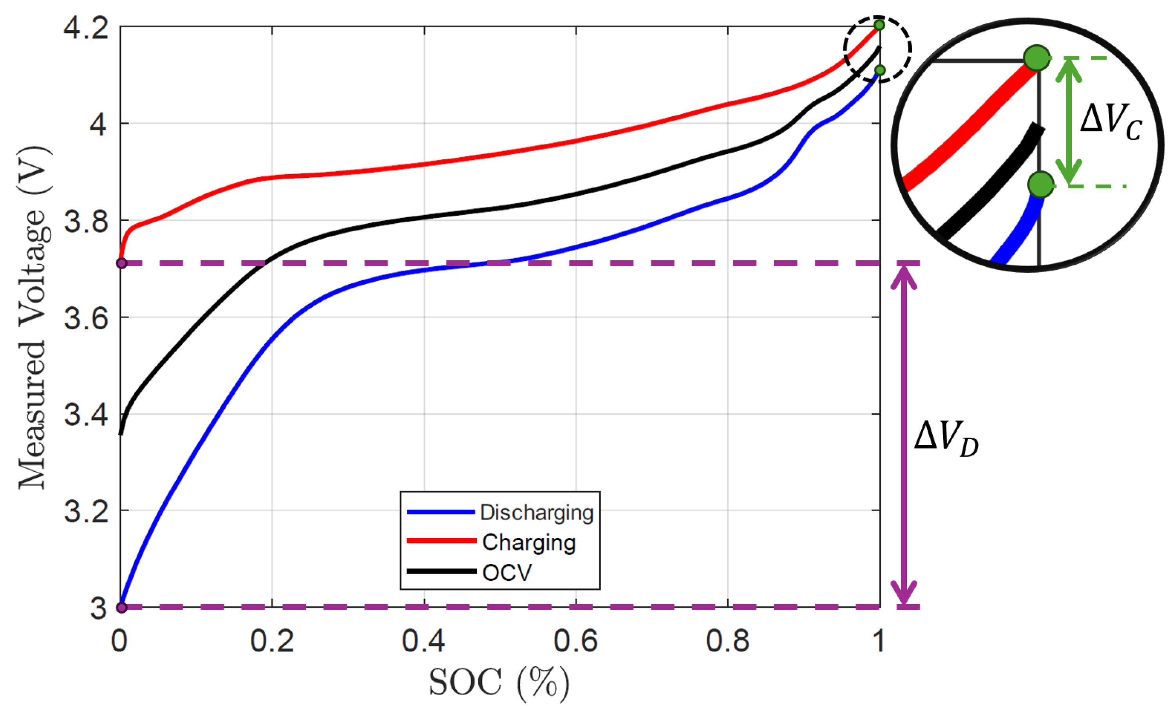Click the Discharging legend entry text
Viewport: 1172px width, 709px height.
pyautogui.click(x=537, y=512)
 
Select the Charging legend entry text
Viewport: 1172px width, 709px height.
pyautogui.click(x=528, y=542)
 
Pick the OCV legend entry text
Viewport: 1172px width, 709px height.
pyautogui.click(x=506, y=572)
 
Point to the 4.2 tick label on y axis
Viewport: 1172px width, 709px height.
pyautogui.click(x=86, y=27)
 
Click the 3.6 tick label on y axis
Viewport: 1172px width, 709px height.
pyautogui.click(x=86, y=318)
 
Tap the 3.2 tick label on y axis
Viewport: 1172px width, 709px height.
pyautogui.click(x=86, y=511)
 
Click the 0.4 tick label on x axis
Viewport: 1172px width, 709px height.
pyautogui.click(x=423, y=641)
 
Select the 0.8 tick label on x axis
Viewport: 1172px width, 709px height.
pyautogui.click(x=727, y=641)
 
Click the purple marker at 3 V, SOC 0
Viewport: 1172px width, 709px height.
pyautogui.click(x=122, y=607)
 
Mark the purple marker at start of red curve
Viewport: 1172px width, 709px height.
pyautogui.click(x=122, y=263)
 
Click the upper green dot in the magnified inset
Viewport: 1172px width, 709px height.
pyautogui.click(x=1037, y=58)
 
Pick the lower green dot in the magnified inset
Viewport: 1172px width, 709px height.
pyautogui.click(x=1040, y=184)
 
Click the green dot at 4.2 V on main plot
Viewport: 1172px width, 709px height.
pyautogui.click(x=879, y=25)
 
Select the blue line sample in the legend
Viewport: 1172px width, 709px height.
pyautogui.click(x=440, y=512)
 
